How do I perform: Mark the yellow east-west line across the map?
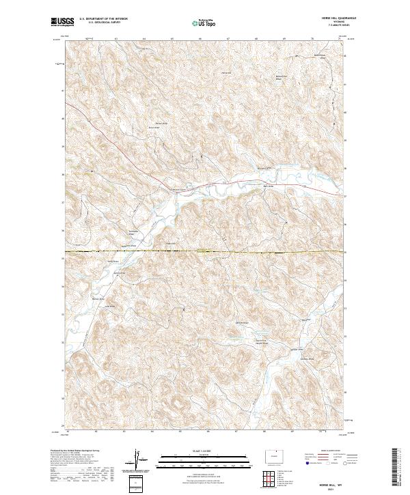(205, 253)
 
